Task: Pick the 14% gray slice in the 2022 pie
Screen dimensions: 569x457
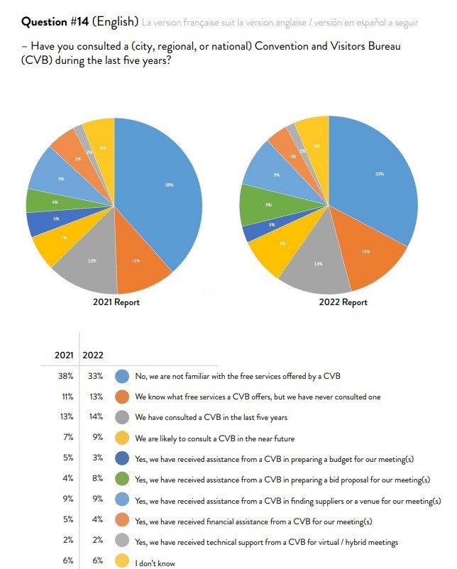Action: tap(317, 266)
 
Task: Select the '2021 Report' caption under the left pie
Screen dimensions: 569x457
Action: tap(116, 302)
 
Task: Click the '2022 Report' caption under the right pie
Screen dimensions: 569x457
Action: tap(344, 302)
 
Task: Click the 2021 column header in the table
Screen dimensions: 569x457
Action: tap(65, 355)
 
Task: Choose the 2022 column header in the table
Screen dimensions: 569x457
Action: tap(94, 355)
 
